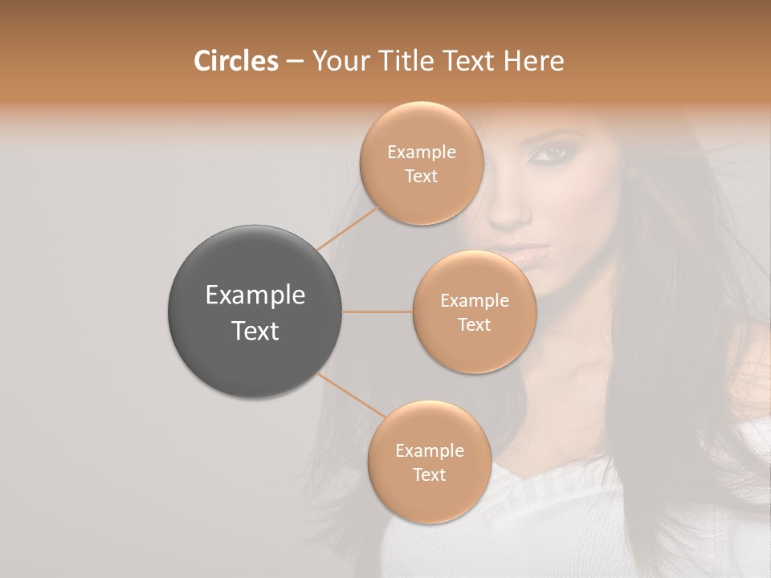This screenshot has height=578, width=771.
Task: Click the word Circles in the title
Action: (236, 61)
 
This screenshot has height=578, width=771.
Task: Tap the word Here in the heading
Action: (534, 61)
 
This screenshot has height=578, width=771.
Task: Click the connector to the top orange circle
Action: (348, 228)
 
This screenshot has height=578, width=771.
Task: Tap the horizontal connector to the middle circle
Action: (377, 311)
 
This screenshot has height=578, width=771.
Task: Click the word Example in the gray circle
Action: (255, 295)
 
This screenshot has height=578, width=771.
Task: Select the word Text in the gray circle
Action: (255, 331)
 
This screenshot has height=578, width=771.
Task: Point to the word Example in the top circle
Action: (421, 153)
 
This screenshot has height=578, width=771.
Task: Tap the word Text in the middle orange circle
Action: (474, 324)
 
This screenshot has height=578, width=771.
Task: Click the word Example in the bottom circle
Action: (429, 451)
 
